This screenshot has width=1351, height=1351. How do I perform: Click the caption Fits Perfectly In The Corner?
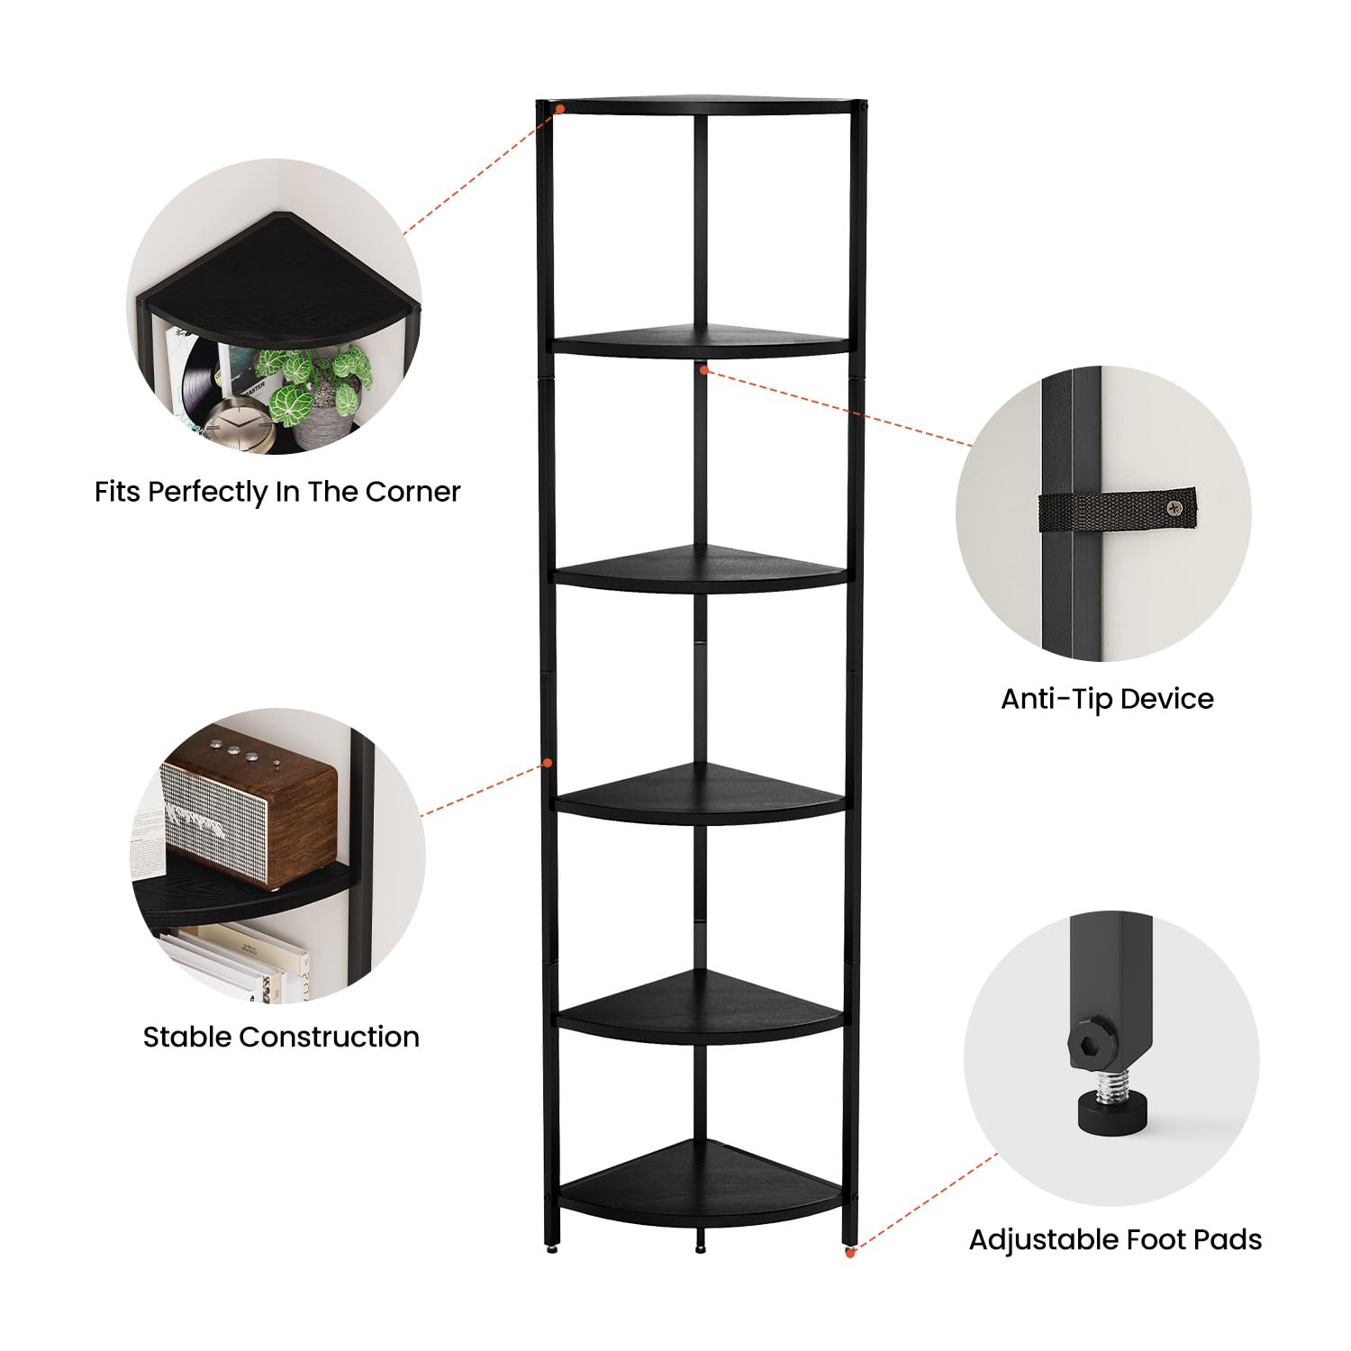[277, 492]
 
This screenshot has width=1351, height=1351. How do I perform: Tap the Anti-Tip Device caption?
[1107, 699]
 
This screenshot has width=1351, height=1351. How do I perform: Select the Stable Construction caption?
[281, 1037]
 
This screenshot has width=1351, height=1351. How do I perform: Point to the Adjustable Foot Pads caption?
[1115, 1240]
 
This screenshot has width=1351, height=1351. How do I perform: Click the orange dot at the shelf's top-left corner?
[559, 109]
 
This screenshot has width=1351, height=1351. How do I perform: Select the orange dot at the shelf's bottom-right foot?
[849, 1252]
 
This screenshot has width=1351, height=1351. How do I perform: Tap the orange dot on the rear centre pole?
[703, 368]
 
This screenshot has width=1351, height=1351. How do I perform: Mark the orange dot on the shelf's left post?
[546, 764]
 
